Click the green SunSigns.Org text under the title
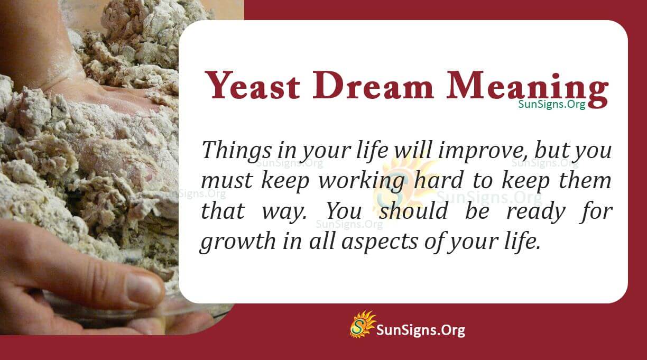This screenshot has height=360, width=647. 551,104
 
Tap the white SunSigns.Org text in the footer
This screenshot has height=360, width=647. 420,330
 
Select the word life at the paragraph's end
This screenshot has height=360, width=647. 524,242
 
